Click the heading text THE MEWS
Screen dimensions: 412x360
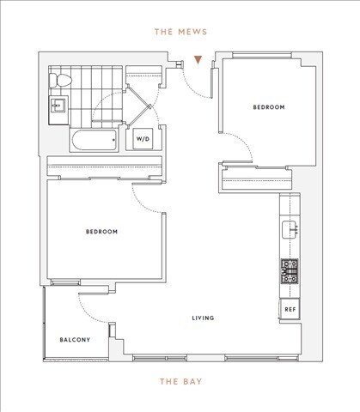click(179, 33)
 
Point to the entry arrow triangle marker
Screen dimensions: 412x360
click(199, 61)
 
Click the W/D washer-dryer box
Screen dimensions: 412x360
click(141, 138)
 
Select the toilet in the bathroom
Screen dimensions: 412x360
click(58, 81)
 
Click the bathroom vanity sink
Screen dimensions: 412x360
click(58, 107)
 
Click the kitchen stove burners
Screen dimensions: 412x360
click(290, 271)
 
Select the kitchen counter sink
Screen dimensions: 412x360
click(290, 228)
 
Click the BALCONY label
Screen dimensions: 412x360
click(75, 341)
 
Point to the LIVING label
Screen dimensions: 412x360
click(203, 318)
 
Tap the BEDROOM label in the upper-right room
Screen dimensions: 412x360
click(268, 107)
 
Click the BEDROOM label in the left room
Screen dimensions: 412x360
click(101, 232)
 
